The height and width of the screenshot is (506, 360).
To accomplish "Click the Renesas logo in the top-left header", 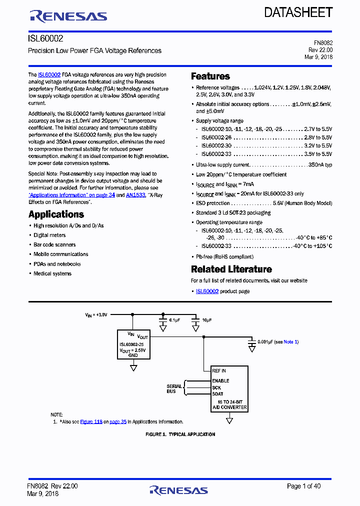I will (68, 16).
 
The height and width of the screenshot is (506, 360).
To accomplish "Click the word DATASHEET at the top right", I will (298, 12).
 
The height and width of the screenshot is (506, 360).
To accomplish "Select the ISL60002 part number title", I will (45, 38).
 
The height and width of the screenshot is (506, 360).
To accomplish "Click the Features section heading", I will (210, 76).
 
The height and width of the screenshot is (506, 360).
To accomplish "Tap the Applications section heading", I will (56, 214).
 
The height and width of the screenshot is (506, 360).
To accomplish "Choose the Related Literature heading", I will (231, 269).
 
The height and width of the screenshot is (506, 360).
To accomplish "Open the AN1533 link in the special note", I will (135, 195).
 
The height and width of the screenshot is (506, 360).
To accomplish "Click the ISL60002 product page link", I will (207, 291).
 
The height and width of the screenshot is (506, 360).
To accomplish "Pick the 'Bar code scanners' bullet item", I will (54, 244).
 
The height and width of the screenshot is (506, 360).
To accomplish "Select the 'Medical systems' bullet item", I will (52, 273).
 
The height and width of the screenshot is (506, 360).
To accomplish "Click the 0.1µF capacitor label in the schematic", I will (174, 320).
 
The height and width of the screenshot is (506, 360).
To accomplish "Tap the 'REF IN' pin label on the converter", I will (219, 371).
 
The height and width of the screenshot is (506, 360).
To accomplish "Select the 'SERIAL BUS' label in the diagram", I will (174, 388).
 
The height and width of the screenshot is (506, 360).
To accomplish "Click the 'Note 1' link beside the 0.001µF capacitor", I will (291, 341).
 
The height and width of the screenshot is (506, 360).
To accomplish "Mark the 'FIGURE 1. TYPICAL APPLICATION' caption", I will (180, 434).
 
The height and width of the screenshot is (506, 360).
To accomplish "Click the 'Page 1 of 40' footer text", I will (303, 486).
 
